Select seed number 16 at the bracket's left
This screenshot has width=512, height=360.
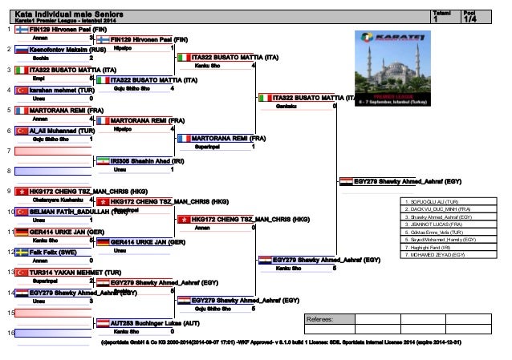pos(8,333)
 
